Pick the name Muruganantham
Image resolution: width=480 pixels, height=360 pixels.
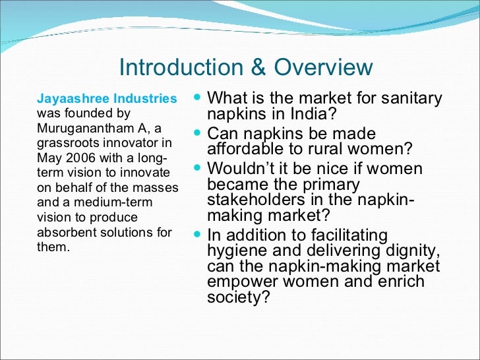click(x=78, y=128)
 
